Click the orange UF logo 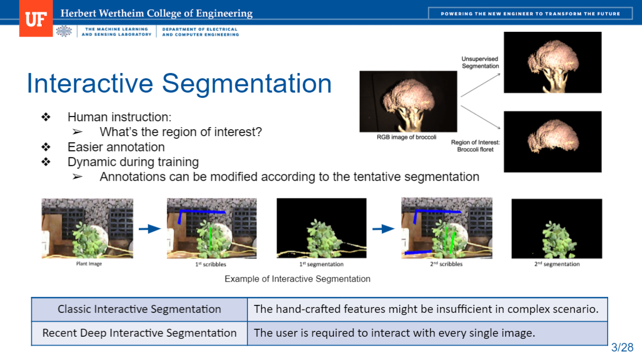(x=36, y=19)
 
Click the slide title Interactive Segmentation (x=179, y=83)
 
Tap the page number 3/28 (x=622, y=347)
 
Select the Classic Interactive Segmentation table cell (x=139, y=309)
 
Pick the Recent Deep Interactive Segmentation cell (x=139, y=333)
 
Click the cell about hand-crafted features (x=427, y=309)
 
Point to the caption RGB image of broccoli (x=406, y=137)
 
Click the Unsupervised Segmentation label (x=480, y=62)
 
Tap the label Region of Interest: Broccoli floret (x=476, y=146)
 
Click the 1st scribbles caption (x=211, y=264)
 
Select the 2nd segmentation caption (x=557, y=264)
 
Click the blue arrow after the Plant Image (x=150, y=229)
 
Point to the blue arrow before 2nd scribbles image (x=384, y=229)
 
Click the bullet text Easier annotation (x=116, y=147)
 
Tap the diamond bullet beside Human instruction (x=46, y=117)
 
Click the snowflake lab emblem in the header (x=64, y=31)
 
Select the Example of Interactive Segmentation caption (x=298, y=279)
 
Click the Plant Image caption (x=89, y=264)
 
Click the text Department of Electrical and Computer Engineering (x=201, y=32)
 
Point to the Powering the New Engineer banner (x=531, y=13)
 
